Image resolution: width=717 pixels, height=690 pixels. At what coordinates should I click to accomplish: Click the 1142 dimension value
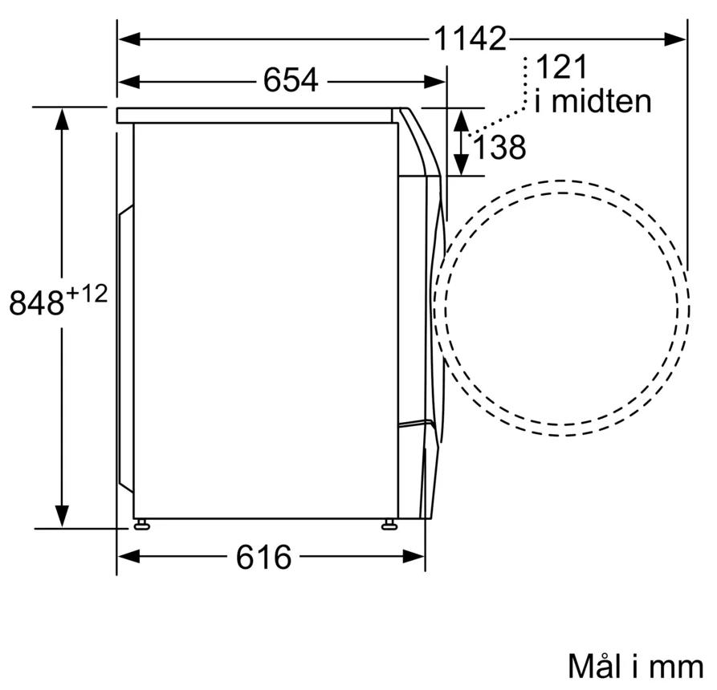click(x=470, y=39)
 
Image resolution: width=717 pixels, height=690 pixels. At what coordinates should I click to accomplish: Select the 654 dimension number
click(x=291, y=80)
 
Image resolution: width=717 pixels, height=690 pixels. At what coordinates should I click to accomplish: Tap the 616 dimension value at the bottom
click(x=263, y=557)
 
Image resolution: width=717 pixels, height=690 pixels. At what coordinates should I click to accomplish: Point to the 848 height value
click(x=36, y=303)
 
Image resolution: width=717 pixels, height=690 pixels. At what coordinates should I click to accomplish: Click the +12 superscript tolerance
click(x=87, y=294)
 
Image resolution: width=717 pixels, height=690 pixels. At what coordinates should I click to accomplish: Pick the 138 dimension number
click(x=499, y=147)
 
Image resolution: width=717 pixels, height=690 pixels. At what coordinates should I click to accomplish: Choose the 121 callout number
click(x=561, y=67)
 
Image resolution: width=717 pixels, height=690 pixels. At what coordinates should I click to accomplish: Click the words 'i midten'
click(x=593, y=101)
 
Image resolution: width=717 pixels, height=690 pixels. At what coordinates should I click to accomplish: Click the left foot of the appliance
click(x=141, y=524)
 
